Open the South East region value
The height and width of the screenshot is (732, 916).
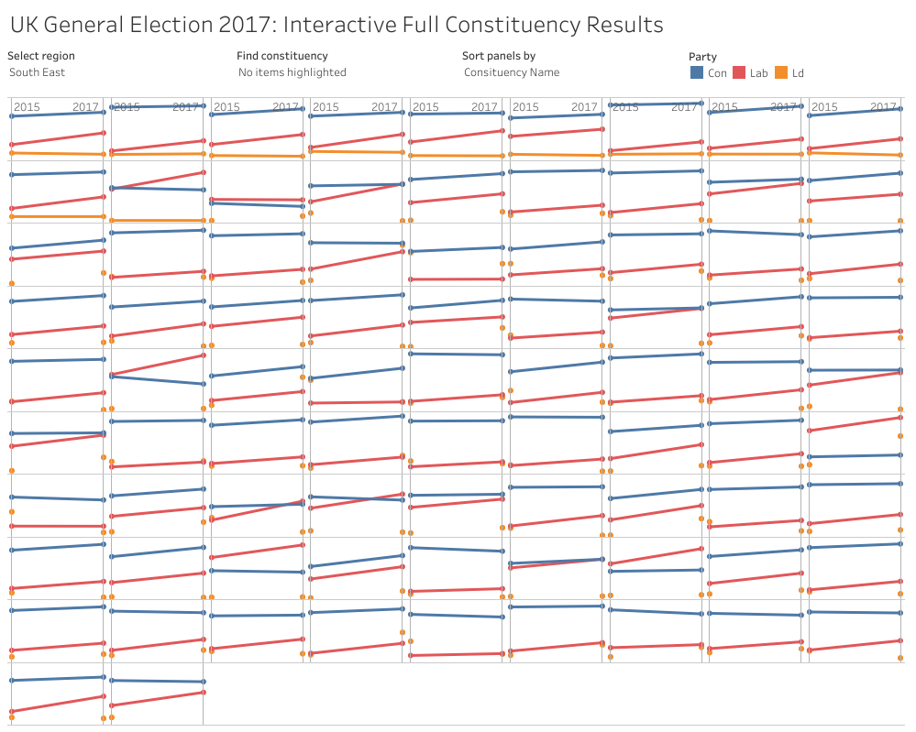[x=37, y=72]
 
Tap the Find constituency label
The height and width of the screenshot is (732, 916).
[x=281, y=56]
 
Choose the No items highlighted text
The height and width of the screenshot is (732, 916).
[x=292, y=72]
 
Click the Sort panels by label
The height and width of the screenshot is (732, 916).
[x=499, y=56]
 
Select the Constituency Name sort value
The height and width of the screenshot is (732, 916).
[x=511, y=72]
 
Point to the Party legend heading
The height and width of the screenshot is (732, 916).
[x=702, y=57]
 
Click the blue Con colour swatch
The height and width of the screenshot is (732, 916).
[x=697, y=72]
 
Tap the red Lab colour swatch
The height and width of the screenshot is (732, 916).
[x=739, y=72]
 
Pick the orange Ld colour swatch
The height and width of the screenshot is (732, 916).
[x=781, y=72]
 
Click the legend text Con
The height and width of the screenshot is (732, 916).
[x=717, y=73]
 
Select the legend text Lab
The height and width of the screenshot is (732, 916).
[x=758, y=73]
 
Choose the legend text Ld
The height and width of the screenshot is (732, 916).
[x=798, y=73]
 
